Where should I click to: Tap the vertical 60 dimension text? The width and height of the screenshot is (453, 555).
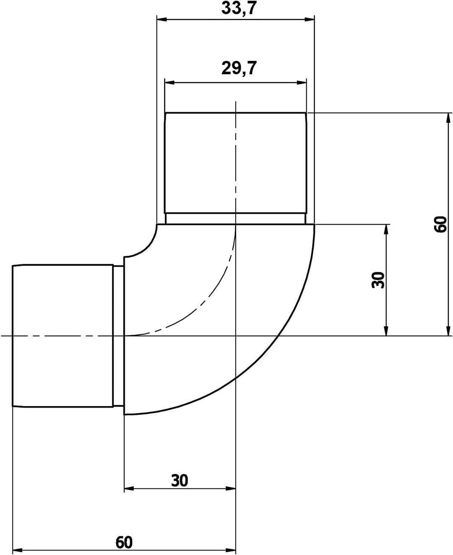coord(441,224)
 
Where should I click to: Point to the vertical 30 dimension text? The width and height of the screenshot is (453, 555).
coord(378,280)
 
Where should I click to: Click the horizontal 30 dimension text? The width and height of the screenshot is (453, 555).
coord(180,480)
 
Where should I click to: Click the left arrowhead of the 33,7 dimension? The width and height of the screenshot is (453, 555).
coord(161,19)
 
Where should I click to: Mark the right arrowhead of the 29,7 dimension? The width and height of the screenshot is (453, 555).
coord(302,82)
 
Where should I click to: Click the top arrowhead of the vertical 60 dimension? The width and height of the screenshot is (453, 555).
coord(449,117)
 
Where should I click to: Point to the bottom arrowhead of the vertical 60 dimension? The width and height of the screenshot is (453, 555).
coord(449,331)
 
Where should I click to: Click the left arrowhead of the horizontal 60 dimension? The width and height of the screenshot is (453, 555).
coord(18,550)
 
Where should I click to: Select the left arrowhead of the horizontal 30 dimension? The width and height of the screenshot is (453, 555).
coord(129,488)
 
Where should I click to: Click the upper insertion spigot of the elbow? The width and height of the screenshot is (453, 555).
coord(235,164)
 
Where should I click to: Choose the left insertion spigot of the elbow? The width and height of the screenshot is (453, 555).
coord(63,336)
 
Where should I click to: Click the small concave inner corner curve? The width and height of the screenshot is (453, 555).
coord(145,245)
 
